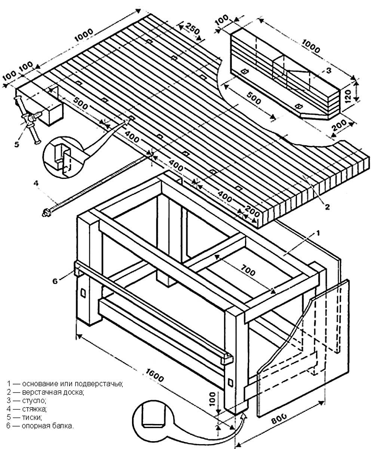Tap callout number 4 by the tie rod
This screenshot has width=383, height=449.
(36, 183)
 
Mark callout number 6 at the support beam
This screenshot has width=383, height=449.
(55, 281)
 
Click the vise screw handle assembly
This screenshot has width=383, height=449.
(29, 119)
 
